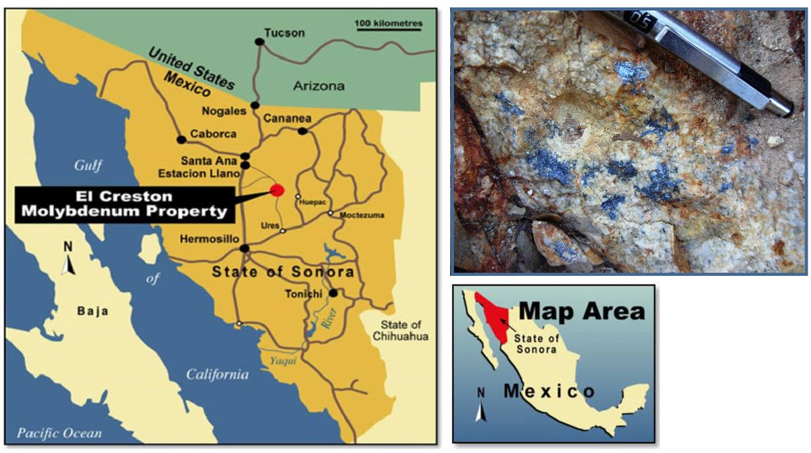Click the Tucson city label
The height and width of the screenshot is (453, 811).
tap(285, 32)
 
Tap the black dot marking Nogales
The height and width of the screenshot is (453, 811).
tap(255, 105)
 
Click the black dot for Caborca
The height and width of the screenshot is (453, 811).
tap(181, 140)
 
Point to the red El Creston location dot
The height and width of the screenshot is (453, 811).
tap(276, 189)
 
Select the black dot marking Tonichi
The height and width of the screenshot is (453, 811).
tap(333, 293)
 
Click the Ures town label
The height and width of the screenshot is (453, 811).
tap(270, 224)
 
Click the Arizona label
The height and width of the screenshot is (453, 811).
tap(319, 86)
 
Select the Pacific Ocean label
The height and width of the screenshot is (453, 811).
tap(60, 433)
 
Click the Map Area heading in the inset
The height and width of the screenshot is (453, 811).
tap(582, 312)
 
